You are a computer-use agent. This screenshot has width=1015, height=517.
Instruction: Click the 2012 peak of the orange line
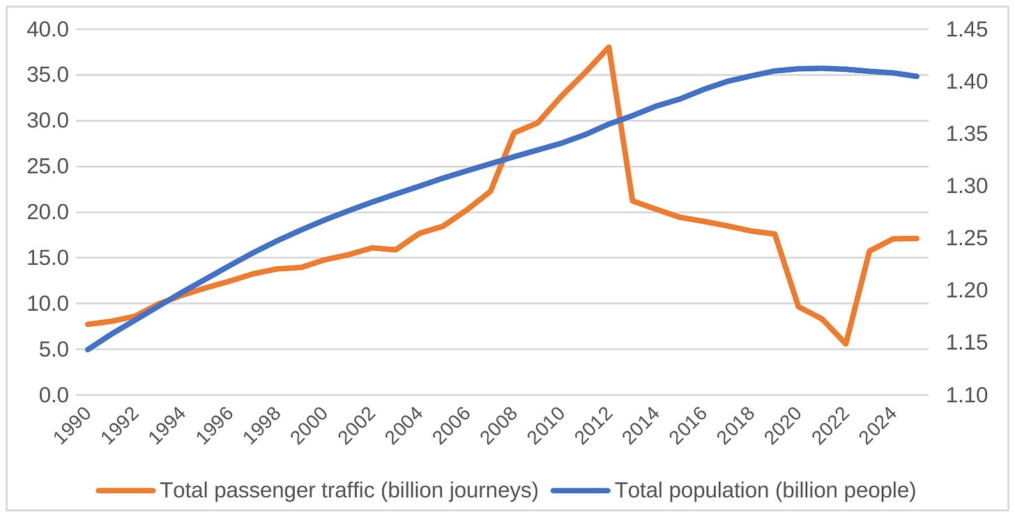point(609,47)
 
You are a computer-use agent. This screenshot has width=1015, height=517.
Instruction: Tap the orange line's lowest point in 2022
point(846,344)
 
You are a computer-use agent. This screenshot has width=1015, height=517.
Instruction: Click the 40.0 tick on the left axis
point(47,29)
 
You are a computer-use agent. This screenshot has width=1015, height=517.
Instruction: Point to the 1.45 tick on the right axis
point(966,29)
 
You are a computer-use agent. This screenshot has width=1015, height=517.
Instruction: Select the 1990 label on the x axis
point(72,426)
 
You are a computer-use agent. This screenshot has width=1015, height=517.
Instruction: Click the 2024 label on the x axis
point(878,426)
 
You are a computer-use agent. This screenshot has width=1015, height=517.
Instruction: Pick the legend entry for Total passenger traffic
point(317,490)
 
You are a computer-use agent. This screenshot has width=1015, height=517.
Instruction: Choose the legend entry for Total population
point(733,490)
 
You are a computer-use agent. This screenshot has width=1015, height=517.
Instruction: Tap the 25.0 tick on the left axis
point(47,167)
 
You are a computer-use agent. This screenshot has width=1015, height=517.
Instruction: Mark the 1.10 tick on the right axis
point(966,395)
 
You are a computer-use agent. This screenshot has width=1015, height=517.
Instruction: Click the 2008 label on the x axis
point(499,426)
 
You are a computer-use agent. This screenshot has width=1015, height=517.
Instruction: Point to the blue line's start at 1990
point(88,350)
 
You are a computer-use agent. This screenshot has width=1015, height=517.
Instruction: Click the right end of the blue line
point(917,77)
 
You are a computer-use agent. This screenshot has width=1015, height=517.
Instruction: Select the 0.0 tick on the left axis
point(54,395)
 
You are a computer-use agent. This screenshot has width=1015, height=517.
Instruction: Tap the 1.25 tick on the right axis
point(966,238)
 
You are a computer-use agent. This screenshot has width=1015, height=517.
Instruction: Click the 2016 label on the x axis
point(688,426)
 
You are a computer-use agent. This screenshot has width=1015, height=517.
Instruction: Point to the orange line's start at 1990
point(88,324)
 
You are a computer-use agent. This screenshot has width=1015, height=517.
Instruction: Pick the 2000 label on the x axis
point(310,426)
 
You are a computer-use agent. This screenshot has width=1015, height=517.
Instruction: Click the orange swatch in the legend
point(125,491)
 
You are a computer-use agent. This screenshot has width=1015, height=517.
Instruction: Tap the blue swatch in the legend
point(581,491)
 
